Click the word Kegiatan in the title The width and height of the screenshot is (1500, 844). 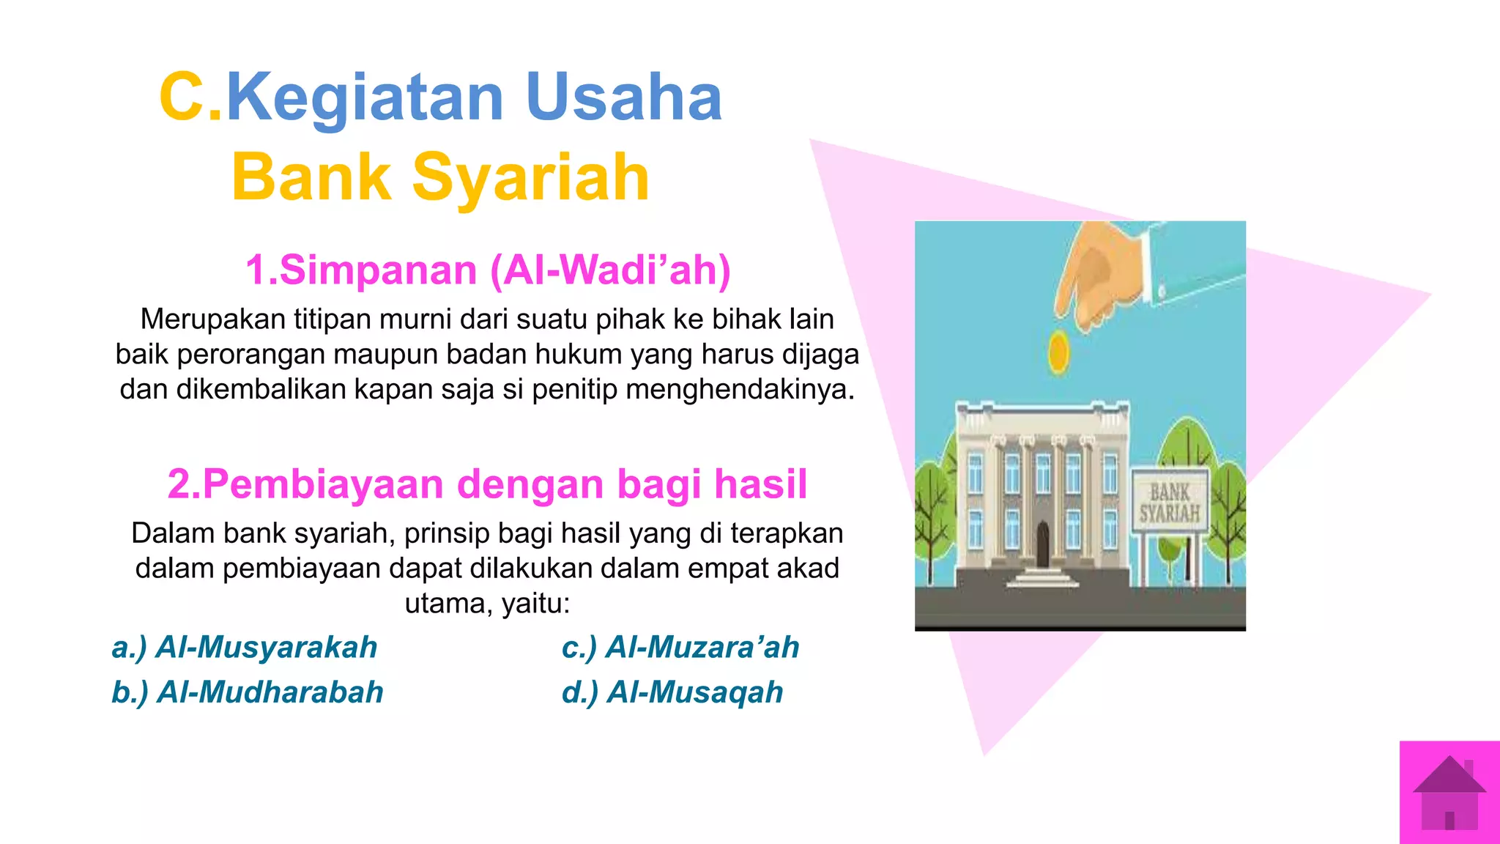(365, 98)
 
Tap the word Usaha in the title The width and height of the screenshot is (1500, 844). (624, 97)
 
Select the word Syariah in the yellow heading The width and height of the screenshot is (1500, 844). (531, 177)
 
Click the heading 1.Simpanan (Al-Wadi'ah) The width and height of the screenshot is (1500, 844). (488, 270)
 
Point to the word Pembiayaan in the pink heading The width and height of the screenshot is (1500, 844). (323, 484)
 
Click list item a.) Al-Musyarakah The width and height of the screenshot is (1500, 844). (244, 648)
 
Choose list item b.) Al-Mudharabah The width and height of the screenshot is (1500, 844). (247, 692)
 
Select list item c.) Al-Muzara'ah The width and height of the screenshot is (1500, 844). (680, 648)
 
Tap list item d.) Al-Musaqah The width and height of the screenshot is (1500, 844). (672, 692)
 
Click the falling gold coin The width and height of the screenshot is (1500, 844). (1058, 352)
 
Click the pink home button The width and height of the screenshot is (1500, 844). (1449, 793)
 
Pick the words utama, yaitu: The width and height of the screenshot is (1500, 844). (487, 604)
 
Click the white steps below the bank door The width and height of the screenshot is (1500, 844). (1042, 577)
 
